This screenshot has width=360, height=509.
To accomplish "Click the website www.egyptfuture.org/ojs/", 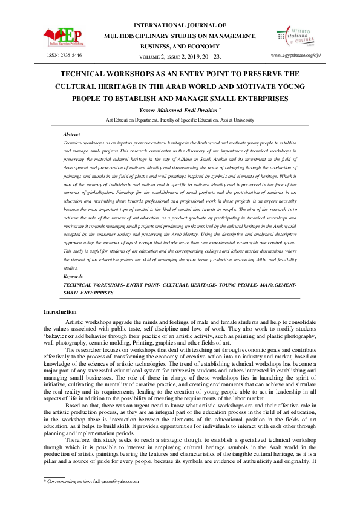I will coord(296,55).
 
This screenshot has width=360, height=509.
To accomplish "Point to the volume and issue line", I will coord(180,56).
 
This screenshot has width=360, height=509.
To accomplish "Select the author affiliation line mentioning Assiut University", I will coord(180,120).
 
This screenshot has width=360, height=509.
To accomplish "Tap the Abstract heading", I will coord(71,134).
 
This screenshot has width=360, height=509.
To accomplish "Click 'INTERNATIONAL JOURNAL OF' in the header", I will coord(180,26).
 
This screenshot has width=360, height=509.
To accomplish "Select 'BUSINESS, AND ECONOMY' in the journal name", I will coord(180,45).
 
